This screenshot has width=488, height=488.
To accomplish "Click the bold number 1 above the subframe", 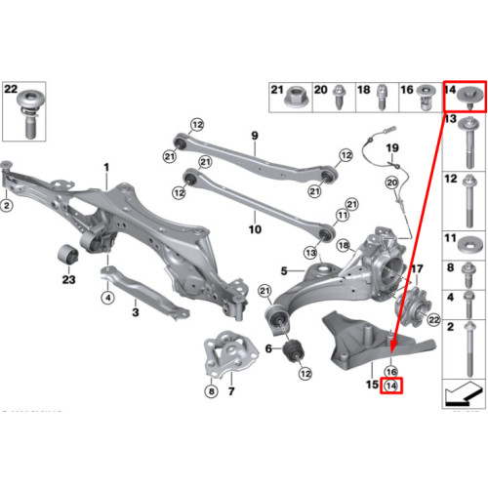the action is pos(106,168).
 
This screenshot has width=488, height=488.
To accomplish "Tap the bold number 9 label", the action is pos(255,136).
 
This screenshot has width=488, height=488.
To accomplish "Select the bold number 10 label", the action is pos(255,229).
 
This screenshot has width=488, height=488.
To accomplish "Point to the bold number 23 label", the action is pos(68,279).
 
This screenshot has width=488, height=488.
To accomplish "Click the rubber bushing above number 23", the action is pos(68,254).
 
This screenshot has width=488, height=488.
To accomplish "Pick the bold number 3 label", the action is pos(136,312).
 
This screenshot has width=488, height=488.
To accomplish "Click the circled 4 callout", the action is pos(107,298).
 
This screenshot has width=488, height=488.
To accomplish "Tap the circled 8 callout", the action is pos(211,390).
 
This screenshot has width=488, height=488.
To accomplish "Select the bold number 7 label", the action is pos(231,390).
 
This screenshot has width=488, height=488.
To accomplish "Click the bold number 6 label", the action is pos(268,348).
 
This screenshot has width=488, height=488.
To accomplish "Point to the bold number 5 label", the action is pos(284,270).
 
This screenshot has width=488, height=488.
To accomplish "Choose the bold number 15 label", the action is pos(372,385).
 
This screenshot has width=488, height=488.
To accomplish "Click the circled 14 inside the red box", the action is pos(390,386).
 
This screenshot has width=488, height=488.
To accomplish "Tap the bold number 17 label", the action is pos(417,269).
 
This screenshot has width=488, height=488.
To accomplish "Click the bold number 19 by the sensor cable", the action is pos(392,148).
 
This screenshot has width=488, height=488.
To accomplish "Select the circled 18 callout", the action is pos(344,245).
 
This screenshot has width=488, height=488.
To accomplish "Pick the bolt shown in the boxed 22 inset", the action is pos(30,114).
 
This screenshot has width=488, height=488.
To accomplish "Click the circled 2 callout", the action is pos(7,205).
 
